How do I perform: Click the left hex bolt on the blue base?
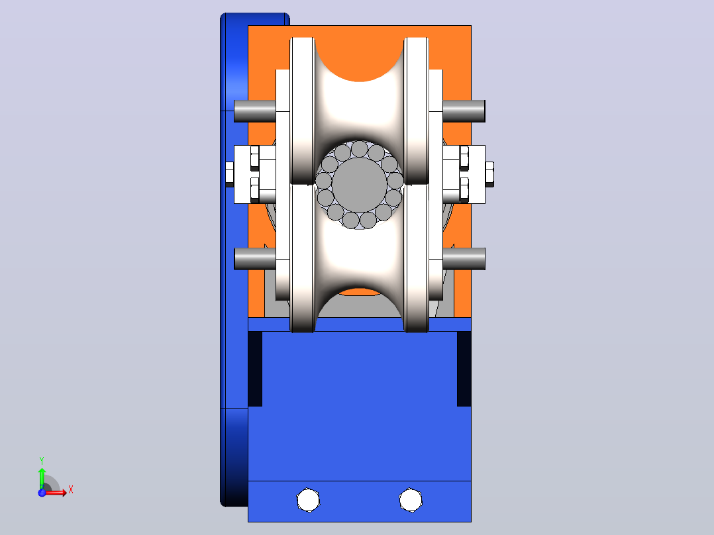point(308,500)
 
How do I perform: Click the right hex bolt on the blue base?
point(410,500)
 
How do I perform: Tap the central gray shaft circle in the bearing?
point(359,185)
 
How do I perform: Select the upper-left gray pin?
point(255,111)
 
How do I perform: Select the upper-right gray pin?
point(464,111)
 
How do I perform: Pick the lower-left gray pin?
point(255,259)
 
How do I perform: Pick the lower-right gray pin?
point(464,259)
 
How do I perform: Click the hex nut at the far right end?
point(489,174)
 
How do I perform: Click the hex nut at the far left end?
point(229,174)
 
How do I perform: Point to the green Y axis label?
point(42,461)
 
